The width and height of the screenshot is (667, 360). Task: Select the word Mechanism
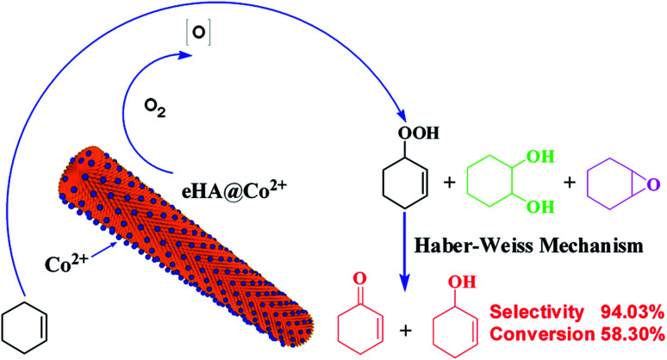[596, 244]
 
